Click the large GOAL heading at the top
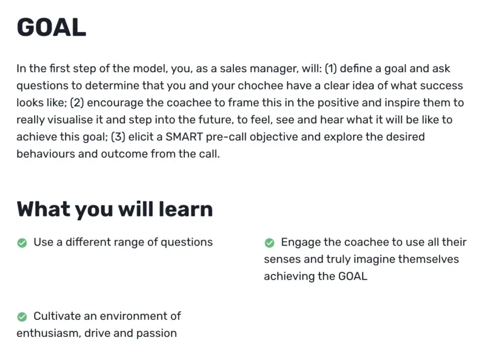click(52, 27)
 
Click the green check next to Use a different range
click(22, 243)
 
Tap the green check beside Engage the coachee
click(270, 243)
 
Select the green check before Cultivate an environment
click(22, 316)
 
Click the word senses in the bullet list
click(283, 259)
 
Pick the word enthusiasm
click(48, 333)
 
